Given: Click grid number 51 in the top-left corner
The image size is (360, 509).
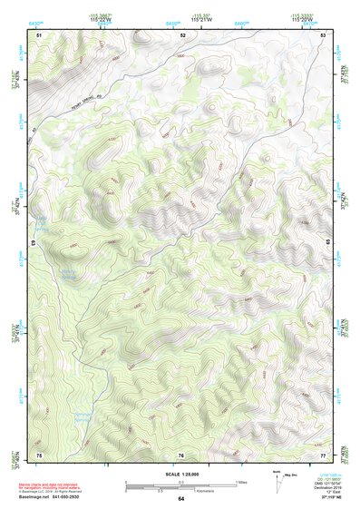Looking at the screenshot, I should [x=39, y=34].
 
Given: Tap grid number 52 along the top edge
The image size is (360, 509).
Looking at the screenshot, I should [x=183, y=34].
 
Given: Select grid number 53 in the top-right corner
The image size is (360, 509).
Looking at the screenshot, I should [x=325, y=34].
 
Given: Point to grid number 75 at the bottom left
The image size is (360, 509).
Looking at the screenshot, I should [x=39, y=453].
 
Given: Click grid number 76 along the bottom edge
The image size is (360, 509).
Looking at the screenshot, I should [x=181, y=454].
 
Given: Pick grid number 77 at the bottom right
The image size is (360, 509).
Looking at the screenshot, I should [x=324, y=453].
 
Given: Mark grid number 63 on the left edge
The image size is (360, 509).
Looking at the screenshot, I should [x=34, y=243].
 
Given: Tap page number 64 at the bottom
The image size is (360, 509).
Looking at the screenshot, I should [x=180, y=499].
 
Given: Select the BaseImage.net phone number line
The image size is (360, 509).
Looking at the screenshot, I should [x=64, y=498].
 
